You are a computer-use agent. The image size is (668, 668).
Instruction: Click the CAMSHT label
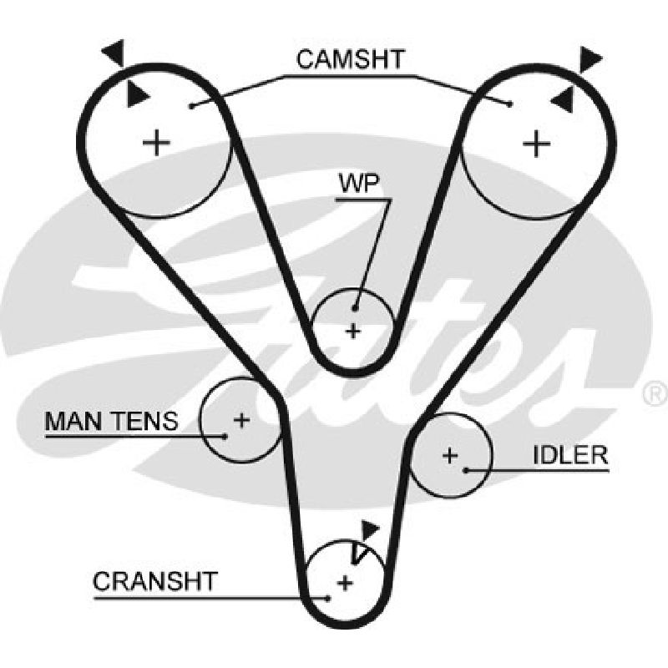coord(350,59)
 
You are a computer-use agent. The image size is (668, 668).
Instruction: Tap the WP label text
coord(359,184)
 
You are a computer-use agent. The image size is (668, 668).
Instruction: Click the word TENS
coord(144,421)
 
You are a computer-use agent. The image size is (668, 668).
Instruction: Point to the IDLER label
coord(570,455)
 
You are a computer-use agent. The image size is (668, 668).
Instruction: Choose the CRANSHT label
coord(155,581)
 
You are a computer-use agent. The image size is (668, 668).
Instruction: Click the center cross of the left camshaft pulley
coord(156,142)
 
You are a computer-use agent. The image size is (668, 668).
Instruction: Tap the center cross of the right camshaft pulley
coord(536,143)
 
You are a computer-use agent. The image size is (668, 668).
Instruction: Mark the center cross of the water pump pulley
coord(352,331)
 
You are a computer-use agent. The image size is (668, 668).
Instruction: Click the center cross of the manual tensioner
coord(241,420)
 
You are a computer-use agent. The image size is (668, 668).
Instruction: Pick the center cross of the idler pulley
coord(450,455)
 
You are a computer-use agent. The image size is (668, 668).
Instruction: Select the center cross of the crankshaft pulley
coord(345,583)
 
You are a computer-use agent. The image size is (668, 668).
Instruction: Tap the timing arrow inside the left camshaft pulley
coord(137,94)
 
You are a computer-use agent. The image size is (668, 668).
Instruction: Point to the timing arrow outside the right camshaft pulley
coord(590,58)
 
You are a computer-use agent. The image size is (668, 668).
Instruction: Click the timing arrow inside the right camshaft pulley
coord(563,100)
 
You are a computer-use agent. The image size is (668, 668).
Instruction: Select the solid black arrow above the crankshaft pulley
coord(369,530)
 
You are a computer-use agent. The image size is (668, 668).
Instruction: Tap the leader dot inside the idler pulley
coord(466,470)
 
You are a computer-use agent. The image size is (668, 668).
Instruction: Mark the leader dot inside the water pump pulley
coord(355,308)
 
